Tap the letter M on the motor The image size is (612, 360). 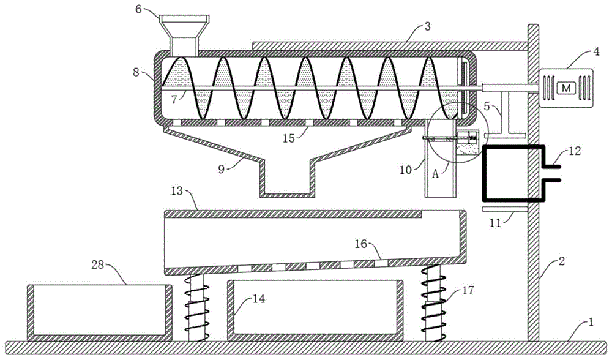coord(566,88)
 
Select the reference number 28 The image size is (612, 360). coord(97,264)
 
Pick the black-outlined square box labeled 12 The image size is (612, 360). coord(513,173)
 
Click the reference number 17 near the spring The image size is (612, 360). coord(468,290)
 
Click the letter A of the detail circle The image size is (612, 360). coord(436,174)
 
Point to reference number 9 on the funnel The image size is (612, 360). coord(222,170)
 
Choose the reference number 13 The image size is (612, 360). coord(177,191)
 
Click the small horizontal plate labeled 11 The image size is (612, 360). coord(505,209)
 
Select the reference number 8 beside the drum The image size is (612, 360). coord(136,72)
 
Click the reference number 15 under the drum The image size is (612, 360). coord(289,138)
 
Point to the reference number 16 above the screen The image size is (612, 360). coord(360,244)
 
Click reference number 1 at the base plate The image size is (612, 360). coord(591,323)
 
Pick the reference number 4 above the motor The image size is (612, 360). coord(596,51)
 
